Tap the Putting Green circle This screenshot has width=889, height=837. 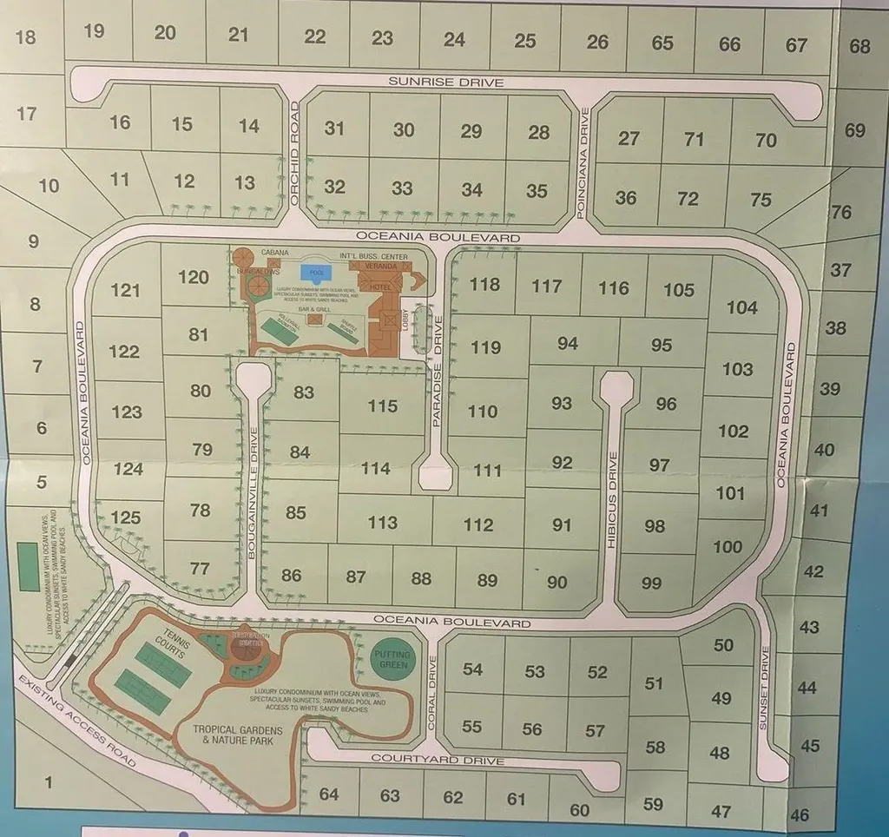coord(392,659)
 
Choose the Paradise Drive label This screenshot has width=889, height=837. coord(438,370)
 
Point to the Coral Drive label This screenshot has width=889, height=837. coord(434,684)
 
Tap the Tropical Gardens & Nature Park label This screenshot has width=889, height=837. coord(233,735)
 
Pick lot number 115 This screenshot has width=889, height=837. coord(382,405)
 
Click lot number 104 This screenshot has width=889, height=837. coord(741,306)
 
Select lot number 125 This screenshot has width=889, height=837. coord(125,517)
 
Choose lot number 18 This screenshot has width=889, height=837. coord(26,36)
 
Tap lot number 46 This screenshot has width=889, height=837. coord(800,814)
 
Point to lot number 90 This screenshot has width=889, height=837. coord(556,582)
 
